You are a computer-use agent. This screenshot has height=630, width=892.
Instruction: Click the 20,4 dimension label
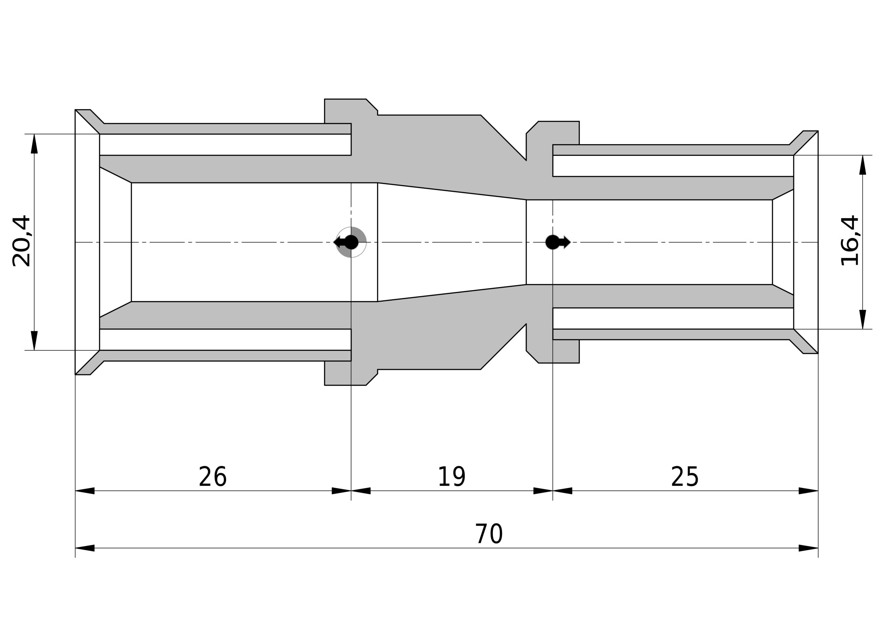pyautogui.click(x=21, y=241)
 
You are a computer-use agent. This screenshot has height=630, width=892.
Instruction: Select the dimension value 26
pyautogui.click(x=213, y=477)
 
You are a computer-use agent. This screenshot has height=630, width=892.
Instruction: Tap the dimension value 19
pyautogui.click(x=452, y=477)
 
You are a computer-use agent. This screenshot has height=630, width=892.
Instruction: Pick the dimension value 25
pyautogui.click(x=685, y=477)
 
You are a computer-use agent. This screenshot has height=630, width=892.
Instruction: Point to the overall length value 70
pyautogui.click(x=489, y=534)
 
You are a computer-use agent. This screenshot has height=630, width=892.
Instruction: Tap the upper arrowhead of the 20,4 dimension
pyautogui.click(x=34, y=144)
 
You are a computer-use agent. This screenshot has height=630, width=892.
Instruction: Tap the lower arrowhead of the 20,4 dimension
pyautogui.click(x=34, y=340)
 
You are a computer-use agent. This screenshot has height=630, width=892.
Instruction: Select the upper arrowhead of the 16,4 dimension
pyautogui.click(x=863, y=165)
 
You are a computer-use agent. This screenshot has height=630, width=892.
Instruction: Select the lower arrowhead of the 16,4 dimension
pyautogui.click(x=863, y=320)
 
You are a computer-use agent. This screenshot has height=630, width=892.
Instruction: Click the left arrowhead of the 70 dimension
pyautogui.click(x=85, y=548)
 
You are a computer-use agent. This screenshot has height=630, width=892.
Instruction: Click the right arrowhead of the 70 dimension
pyautogui.click(x=808, y=548)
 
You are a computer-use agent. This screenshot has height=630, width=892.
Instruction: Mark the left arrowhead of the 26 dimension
pyautogui.click(x=85, y=491)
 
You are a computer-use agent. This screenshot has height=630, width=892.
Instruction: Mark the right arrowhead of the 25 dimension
pyautogui.click(x=808, y=491)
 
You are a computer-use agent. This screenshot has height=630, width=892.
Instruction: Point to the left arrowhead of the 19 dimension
pyautogui.click(x=361, y=491)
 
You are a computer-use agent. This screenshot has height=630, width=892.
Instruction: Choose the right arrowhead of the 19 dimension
pyautogui.click(x=543, y=491)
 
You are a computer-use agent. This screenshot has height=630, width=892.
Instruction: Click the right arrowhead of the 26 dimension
pyautogui.click(x=341, y=491)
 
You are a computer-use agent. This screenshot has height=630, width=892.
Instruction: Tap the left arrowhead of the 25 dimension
pyautogui.click(x=562, y=491)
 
